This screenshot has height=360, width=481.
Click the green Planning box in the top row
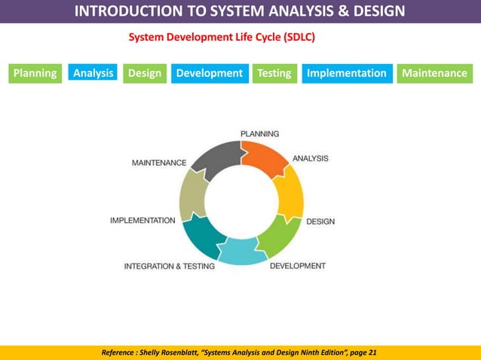pyautogui.click(x=34, y=73)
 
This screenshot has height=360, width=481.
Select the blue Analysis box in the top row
pyautogui.click(x=93, y=73)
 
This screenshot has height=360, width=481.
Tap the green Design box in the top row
pyautogui.click(x=144, y=73)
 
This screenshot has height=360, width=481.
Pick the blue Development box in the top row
pyautogui.click(x=209, y=73)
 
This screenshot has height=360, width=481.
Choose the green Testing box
pyautogui.click(x=274, y=73)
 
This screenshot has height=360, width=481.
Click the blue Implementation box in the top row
pyautogui.click(x=346, y=73)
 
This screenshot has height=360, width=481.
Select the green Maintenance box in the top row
pyautogui.click(x=434, y=73)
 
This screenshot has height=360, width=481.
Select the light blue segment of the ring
pyautogui.click(x=240, y=252)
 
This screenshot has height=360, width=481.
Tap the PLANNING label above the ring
pyautogui.click(x=259, y=133)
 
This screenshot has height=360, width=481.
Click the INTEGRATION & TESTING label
pyautogui.click(x=169, y=266)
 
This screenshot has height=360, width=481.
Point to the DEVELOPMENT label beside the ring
pyautogui.click(x=298, y=266)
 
